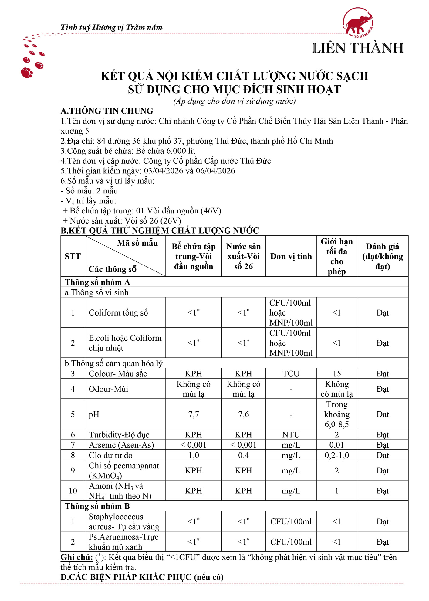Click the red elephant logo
[358, 22]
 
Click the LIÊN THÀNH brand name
[358, 48]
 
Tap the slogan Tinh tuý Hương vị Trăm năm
[111, 27]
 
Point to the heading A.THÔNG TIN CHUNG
[107, 111]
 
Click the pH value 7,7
[194, 414]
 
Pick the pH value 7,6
[243, 414]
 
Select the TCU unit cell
[291, 374]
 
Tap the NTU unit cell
[291, 435]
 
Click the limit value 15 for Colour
[336, 374]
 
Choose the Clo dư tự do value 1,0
[194, 455]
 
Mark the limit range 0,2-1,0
[336, 455]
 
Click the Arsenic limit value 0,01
[336, 445]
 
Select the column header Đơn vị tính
[291, 256]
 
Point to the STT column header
[73, 256]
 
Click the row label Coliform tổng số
[118, 312]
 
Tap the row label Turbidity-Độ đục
[119, 435]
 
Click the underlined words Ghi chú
[76, 557]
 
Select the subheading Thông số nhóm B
[97, 506]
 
